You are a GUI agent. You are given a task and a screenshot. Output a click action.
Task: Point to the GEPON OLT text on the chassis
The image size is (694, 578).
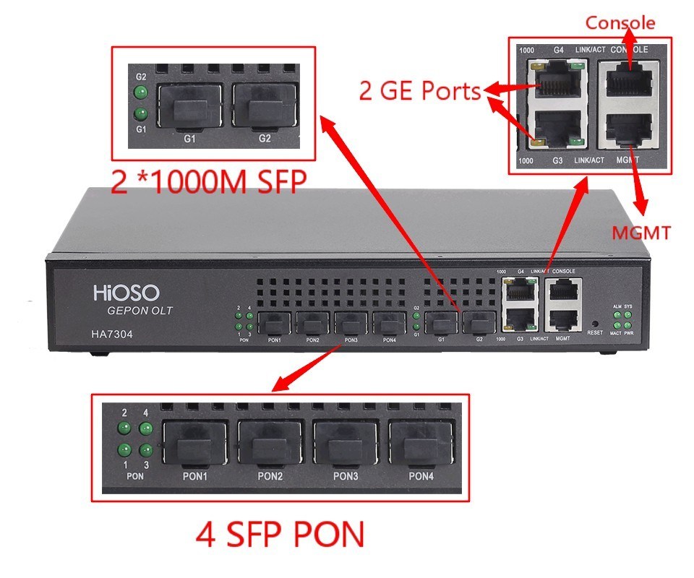[x=140, y=311]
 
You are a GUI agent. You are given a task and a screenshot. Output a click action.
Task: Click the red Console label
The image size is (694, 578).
[x=620, y=23]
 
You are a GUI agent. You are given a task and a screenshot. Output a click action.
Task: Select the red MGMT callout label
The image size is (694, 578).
[x=641, y=233]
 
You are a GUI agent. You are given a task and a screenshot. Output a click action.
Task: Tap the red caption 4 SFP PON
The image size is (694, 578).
[x=280, y=535]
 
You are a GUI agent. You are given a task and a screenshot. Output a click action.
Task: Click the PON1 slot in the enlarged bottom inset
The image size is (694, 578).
[x=194, y=442]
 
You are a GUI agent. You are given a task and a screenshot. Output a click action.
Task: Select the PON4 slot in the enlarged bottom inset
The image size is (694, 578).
[x=422, y=442]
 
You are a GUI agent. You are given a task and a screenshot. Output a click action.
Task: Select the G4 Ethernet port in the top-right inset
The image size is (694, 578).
[x=557, y=78]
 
